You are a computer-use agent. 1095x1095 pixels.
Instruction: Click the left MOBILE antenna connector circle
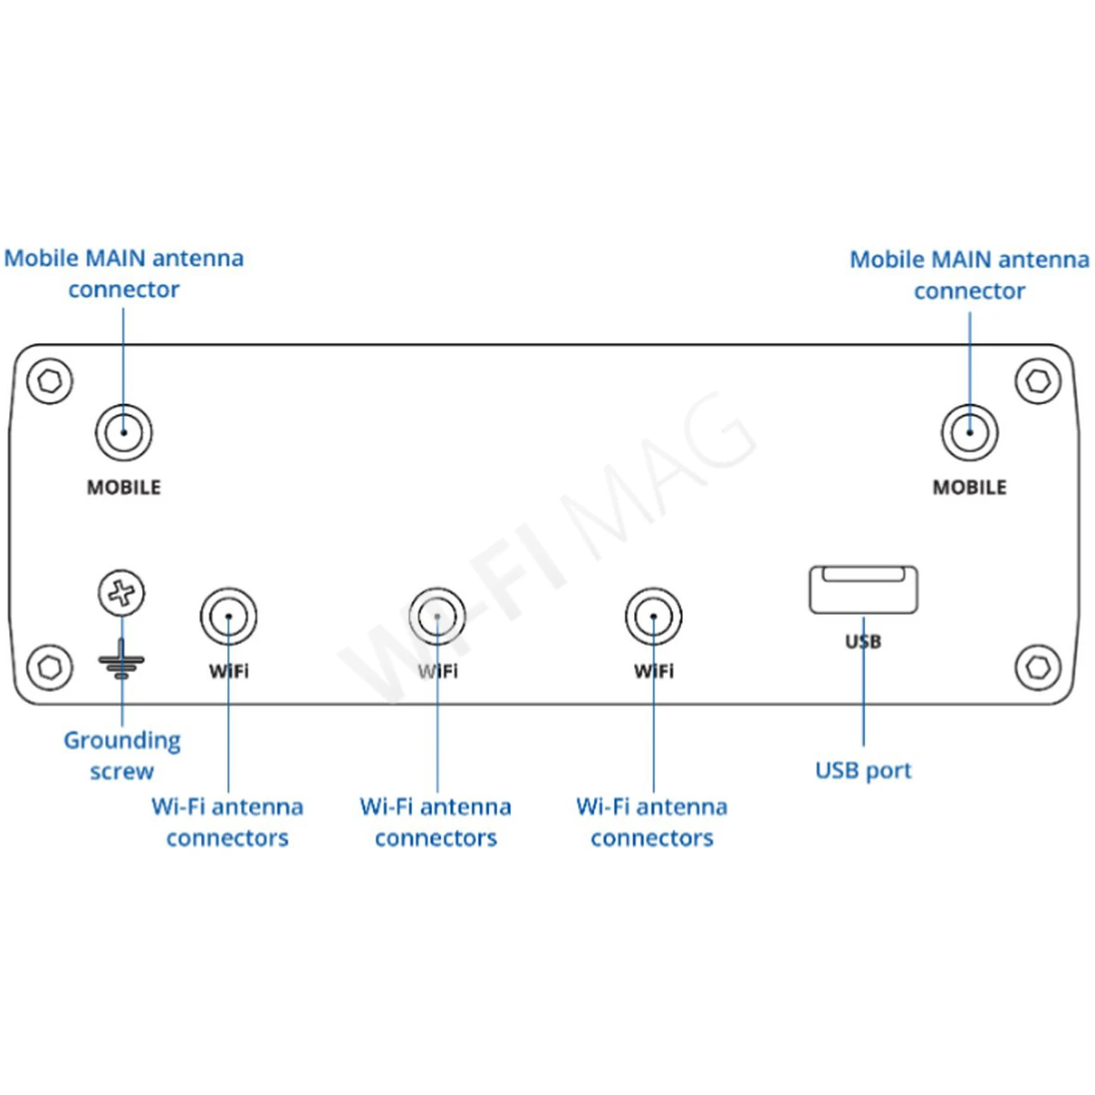(x=123, y=432)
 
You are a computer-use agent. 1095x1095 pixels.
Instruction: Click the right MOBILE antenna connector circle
(x=969, y=432)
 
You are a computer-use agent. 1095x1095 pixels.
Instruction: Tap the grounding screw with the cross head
(x=121, y=593)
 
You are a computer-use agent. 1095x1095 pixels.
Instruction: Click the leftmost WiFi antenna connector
(x=228, y=617)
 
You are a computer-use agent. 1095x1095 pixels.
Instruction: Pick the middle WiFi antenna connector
(x=437, y=617)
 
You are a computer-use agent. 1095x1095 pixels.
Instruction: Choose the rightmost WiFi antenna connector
(x=653, y=617)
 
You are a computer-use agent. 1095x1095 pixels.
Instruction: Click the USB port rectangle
(x=863, y=590)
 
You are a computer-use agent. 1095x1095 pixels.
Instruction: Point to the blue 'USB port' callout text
(x=863, y=771)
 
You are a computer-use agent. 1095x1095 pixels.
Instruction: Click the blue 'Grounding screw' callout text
(x=122, y=755)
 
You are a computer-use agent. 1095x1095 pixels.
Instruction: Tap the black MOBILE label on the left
(x=124, y=487)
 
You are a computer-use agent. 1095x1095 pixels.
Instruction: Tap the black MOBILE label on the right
(x=969, y=487)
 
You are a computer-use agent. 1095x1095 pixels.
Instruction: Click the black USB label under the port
(x=863, y=642)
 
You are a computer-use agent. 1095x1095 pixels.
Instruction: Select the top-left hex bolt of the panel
(x=50, y=380)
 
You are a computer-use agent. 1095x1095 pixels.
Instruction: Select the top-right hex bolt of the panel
(x=1038, y=380)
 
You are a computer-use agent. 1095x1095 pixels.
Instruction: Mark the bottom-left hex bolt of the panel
(x=50, y=668)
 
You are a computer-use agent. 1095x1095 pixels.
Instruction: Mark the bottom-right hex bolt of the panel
(x=1038, y=668)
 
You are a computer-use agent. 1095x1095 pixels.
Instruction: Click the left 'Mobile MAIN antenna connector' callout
(x=124, y=274)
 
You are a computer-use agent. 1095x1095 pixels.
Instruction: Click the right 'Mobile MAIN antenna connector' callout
(x=969, y=274)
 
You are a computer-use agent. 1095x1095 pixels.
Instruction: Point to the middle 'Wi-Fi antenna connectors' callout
(x=436, y=822)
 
